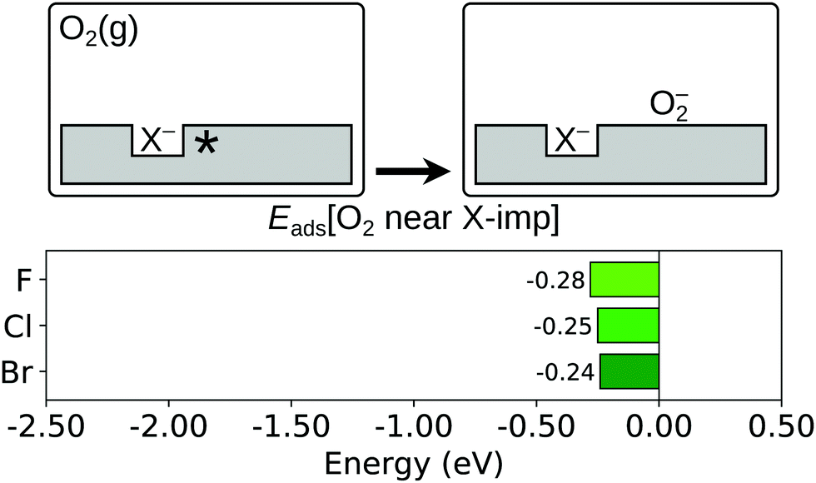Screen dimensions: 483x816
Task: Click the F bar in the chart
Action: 624,280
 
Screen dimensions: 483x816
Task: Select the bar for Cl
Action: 628,326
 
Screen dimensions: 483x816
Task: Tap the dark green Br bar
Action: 629,371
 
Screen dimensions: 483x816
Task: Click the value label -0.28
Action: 556,280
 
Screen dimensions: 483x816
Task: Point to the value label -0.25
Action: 563,326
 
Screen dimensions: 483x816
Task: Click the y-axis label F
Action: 26,281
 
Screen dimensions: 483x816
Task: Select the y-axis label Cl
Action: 20,326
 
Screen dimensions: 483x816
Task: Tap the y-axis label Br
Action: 19,371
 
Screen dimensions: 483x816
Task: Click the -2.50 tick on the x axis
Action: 46,423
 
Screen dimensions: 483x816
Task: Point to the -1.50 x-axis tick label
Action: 291,423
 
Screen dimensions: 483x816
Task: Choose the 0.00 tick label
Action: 659,423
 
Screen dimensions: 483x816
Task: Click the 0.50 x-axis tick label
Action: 780,423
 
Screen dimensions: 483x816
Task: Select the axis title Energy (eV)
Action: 414,461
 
